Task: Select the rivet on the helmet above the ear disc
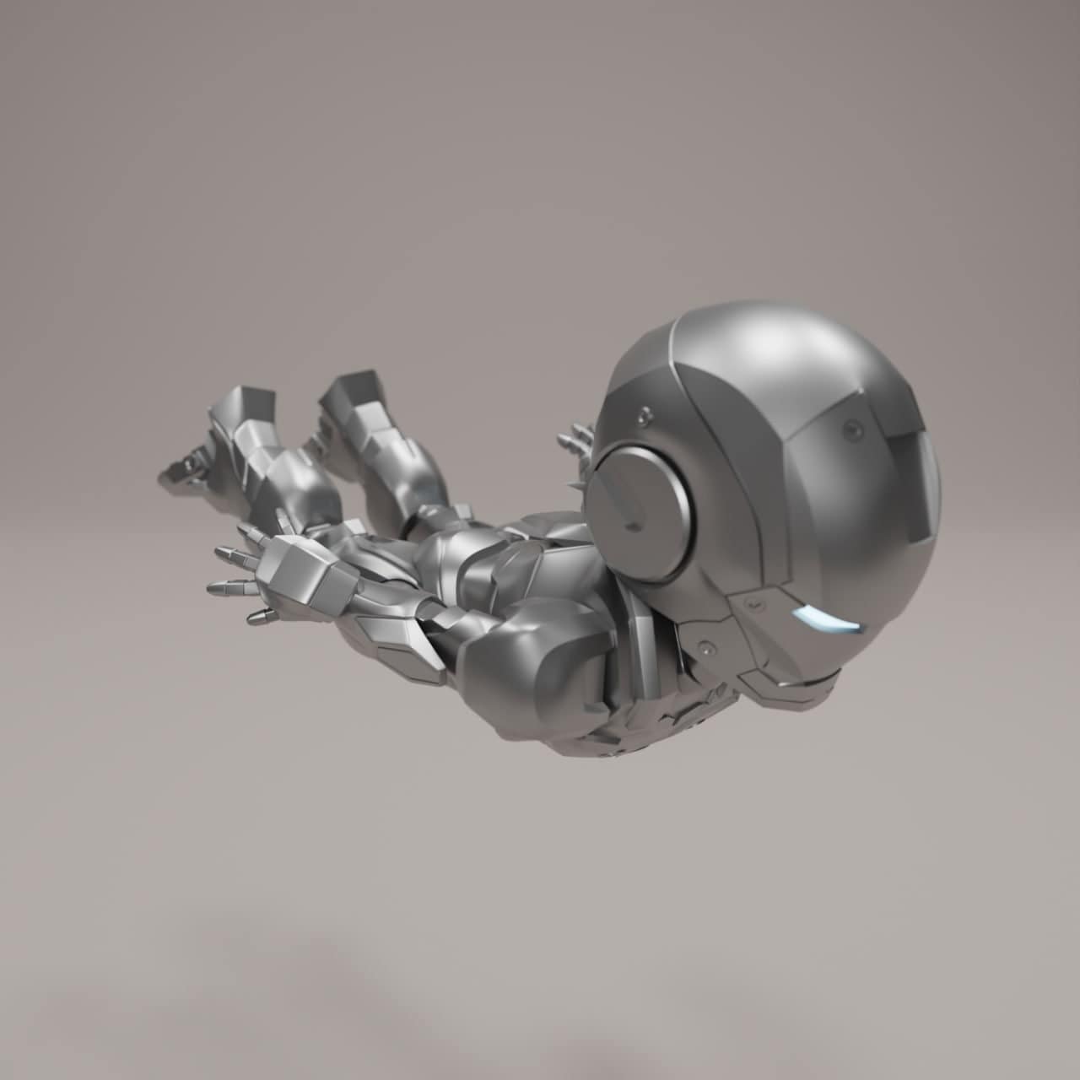coord(645,414)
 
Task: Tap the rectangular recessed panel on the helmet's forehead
coord(917,485)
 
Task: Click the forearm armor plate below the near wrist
coord(405,641)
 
